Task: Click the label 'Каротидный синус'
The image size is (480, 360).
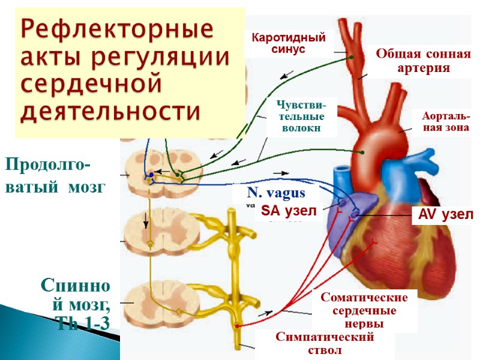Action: click(x=288, y=43)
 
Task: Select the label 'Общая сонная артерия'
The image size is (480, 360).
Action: click(x=423, y=61)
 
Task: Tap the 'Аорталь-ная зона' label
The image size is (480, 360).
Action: click(x=442, y=122)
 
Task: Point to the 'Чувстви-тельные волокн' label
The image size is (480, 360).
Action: click(x=301, y=116)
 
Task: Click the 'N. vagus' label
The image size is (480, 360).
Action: click(x=276, y=193)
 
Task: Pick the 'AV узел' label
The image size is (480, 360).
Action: click(x=442, y=214)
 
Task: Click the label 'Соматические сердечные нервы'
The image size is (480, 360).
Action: click(x=364, y=310)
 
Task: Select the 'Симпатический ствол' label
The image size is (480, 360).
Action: click(x=325, y=343)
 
